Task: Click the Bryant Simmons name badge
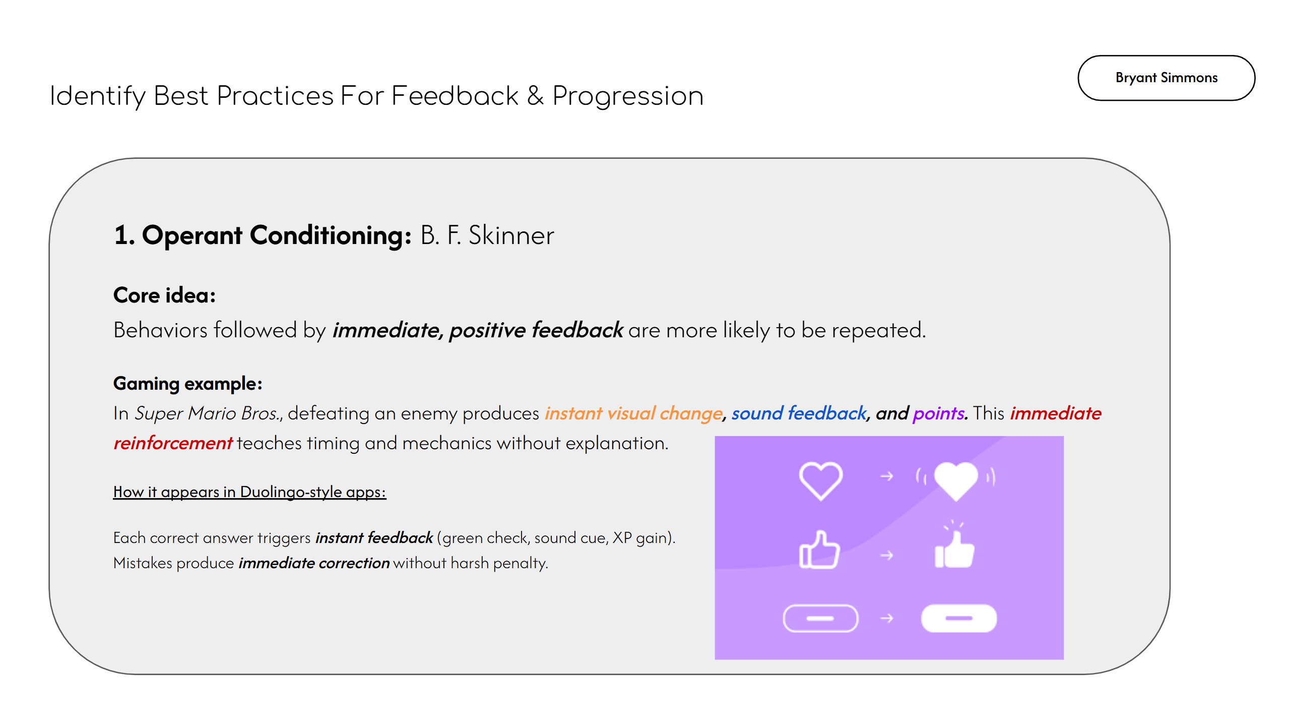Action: click(1166, 78)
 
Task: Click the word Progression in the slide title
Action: click(627, 96)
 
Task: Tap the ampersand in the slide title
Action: click(535, 96)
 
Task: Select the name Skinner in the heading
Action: click(511, 235)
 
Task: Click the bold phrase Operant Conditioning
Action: click(276, 235)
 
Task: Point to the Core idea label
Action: click(164, 295)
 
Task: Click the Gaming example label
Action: click(187, 384)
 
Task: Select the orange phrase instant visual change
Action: click(633, 413)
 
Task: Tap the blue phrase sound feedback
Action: click(799, 413)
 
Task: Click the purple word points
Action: click(938, 413)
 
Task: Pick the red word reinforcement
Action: click(172, 443)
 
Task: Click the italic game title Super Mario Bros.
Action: click(207, 413)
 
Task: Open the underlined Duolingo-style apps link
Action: click(249, 492)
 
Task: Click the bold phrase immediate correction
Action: click(314, 563)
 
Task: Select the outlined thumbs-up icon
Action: click(819, 551)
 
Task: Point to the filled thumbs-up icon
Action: click(954, 551)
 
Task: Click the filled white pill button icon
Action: click(958, 618)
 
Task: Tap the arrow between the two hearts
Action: click(887, 476)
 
